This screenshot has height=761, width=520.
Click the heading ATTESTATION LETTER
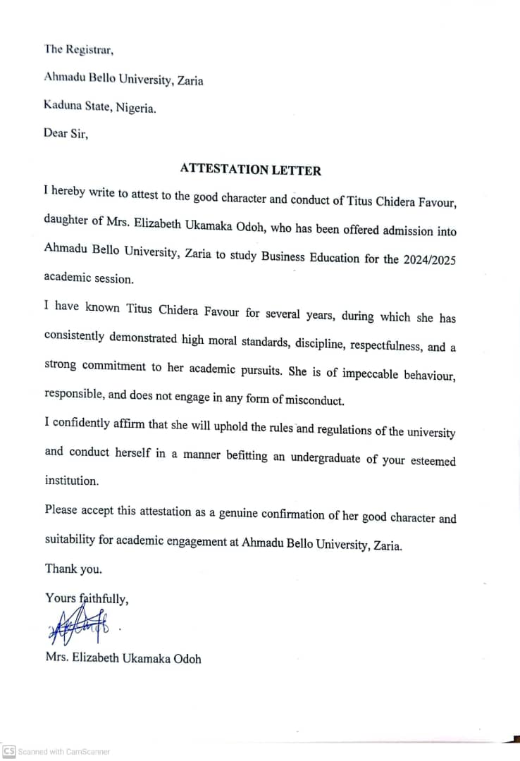pos(250,169)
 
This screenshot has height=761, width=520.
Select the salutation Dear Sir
pos(66,133)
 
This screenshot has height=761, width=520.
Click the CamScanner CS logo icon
pos(9,751)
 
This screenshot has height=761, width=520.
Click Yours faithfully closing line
pos(87,598)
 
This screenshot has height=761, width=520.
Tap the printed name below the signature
pos(123,659)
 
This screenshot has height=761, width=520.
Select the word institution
pos(71,481)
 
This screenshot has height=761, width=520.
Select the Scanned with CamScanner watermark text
pos(64,752)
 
